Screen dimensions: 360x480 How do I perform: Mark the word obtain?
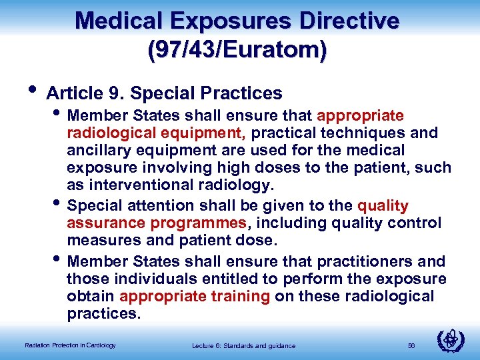coord(91,296)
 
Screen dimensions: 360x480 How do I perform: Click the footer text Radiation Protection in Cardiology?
coord(70,345)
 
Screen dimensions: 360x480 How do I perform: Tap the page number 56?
coord(411,345)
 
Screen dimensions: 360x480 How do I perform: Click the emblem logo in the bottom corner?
coord(451,340)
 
